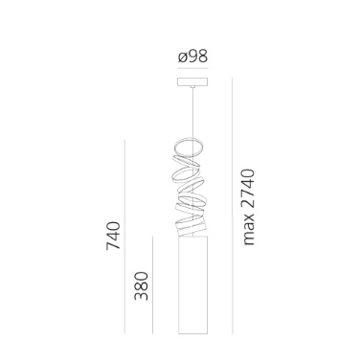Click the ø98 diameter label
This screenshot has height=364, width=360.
(x=193, y=58)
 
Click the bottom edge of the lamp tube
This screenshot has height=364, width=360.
(x=193, y=334)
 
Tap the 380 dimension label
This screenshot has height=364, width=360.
(x=141, y=284)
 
